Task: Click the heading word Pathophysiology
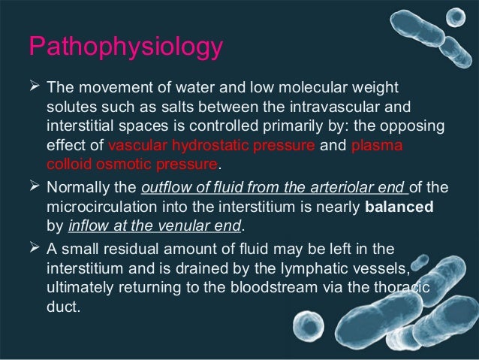pos(125,46)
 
